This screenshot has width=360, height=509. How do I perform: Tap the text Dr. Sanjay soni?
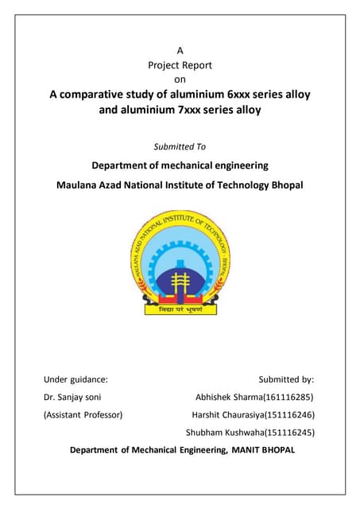(72, 396)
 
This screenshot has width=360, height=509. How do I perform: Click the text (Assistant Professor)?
(83, 414)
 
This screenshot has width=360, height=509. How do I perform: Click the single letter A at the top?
(180, 50)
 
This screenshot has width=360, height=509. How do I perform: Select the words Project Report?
(180, 64)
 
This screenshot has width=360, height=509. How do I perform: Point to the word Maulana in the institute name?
(78, 185)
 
